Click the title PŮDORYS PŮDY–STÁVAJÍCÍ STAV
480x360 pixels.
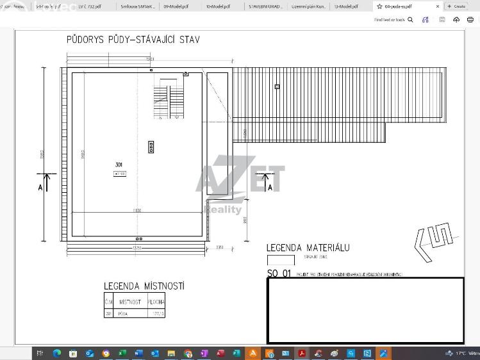pyautogui.click(x=133, y=40)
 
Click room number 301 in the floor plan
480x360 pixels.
pyautogui.click(x=119, y=165)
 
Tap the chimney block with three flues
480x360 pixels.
pyautogui.click(x=151, y=147)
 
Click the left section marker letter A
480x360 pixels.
pyautogui.click(x=40, y=187)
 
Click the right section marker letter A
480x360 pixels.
pyautogui.click(x=270, y=186)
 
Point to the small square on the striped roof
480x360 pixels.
pyautogui.click(x=277, y=86)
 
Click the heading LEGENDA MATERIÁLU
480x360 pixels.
pyautogui.click(x=308, y=248)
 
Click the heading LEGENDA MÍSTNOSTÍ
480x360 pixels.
pyautogui.click(x=144, y=286)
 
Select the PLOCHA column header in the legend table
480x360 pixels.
pyautogui.click(x=156, y=302)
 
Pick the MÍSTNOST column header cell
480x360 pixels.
pyautogui.click(x=130, y=302)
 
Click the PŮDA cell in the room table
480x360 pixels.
pyautogui.click(x=123, y=314)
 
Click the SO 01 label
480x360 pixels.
pyautogui.click(x=279, y=274)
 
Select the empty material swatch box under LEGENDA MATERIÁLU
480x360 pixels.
pyautogui.click(x=281, y=260)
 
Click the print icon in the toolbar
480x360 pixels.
pyautogui.click(x=470, y=20)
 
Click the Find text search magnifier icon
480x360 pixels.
pyautogui.click(x=411, y=20)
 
